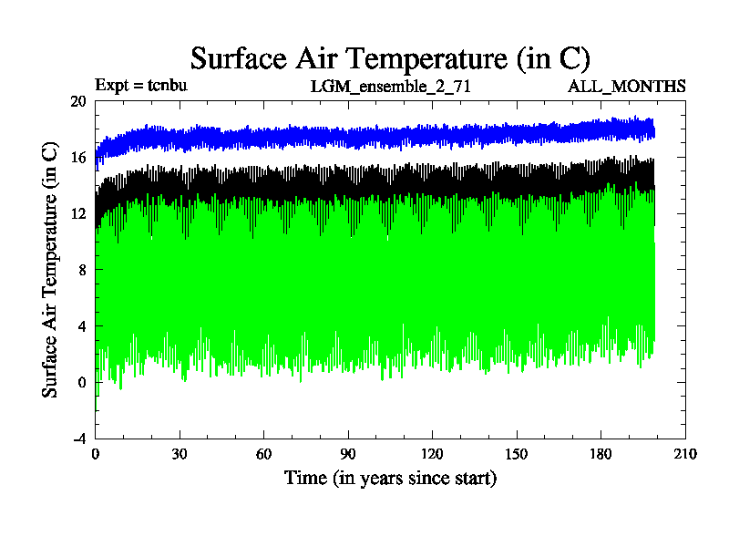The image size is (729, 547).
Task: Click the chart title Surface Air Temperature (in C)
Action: tap(390, 58)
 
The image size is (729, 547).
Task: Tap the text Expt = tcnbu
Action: tap(140, 87)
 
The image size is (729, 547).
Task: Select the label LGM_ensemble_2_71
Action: tap(390, 87)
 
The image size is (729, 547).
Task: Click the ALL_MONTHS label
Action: tap(627, 87)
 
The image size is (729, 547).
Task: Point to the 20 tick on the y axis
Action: tap(78, 102)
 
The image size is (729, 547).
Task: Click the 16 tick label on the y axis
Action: tap(78, 158)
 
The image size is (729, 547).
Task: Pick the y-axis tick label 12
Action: tap(78, 214)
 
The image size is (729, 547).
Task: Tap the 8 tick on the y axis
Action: tap(82, 270)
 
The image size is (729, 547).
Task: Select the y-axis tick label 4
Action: tap(82, 326)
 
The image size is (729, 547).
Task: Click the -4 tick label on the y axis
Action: tap(79, 438)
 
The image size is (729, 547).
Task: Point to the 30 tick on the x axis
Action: tap(180, 454)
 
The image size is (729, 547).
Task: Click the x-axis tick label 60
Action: tap(263, 454)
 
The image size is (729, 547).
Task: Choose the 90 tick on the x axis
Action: tap(348, 454)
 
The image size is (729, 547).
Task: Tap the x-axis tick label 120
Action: tap(432, 454)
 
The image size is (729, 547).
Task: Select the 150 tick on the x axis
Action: tap(517, 454)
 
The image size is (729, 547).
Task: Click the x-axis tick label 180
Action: tap(601, 454)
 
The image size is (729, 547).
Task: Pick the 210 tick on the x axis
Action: tap(684, 454)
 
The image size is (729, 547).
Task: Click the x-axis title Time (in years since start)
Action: tap(390, 478)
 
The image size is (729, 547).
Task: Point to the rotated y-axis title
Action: tap(51, 270)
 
